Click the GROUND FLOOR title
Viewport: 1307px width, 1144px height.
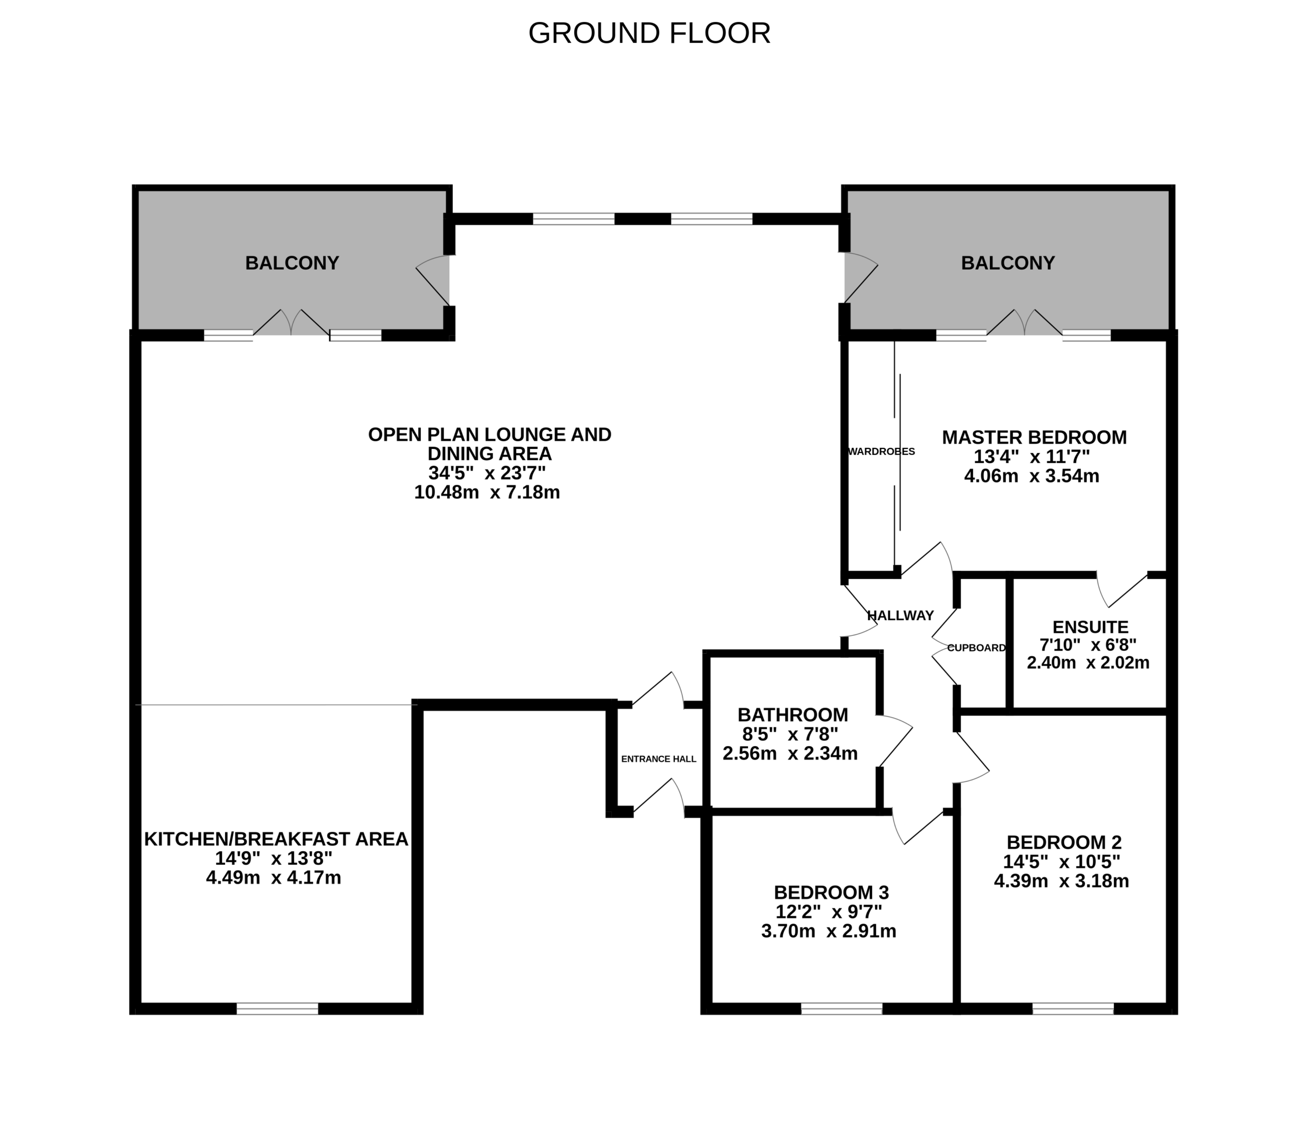click(649, 33)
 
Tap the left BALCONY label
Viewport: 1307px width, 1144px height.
click(292, 263)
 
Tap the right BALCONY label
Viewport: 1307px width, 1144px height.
click(1008, 263)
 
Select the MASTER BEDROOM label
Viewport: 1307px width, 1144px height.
click(1034, 437)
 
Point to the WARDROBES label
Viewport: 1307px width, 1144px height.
click(881, 451)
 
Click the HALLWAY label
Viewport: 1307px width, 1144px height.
click(901, 615)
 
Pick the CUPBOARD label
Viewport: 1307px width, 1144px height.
click(976, 648)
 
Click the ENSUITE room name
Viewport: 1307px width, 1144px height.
click(1091, 627)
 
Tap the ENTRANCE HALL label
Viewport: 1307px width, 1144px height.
click(659, 759)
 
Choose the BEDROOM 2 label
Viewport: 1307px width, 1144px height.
click(1064, 842)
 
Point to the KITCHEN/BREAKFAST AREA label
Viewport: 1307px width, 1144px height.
click(276, 839)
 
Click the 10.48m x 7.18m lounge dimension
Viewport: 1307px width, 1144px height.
click(487, 492)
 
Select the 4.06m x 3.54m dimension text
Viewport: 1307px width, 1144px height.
click(1032, 475)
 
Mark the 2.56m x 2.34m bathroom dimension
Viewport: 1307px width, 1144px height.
click(790, 753)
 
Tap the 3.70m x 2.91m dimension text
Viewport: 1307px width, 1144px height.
click(829, 931)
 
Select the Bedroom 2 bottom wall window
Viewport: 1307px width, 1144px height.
click(1073, 1009)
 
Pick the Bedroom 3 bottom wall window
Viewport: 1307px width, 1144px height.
click(842, 1009)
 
